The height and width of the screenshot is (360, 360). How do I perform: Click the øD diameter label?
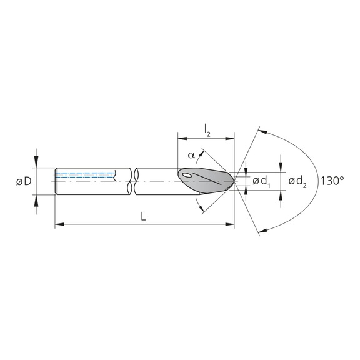[x=24, y=181]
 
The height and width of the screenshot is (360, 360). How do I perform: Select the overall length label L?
[x=143, y=216]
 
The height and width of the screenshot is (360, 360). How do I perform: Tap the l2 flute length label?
[x=207, y=129]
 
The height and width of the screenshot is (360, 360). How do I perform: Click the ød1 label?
[x=261, y=181]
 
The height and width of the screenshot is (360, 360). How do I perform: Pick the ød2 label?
[x=297, y=181]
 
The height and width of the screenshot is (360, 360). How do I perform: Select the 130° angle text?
[x=332, y=181]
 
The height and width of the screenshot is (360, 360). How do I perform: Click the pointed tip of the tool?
[x=234, y=181]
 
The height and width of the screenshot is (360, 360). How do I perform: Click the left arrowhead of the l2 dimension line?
[x=182, y=137]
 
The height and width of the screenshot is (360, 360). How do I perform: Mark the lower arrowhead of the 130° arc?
[x=262, y=231]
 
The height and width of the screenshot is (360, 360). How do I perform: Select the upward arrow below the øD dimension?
[x=36, y=199]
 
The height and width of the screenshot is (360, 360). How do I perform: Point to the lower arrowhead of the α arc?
[x=200, y=207]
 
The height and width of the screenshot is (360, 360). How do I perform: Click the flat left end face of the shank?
[x=56, y=181]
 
